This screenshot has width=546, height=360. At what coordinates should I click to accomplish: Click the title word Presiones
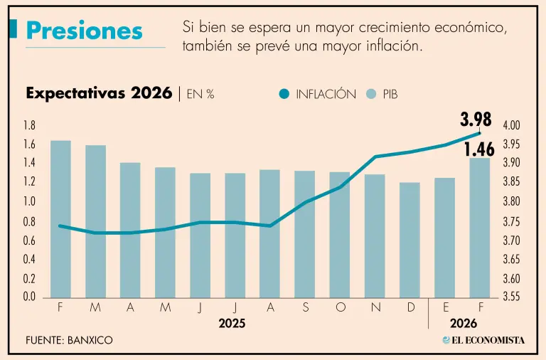click(x=84, y=31)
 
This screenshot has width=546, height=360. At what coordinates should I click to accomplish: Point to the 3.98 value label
click(x=476, y=118)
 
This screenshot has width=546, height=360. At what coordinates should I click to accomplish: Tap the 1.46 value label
click(x=479, y=149)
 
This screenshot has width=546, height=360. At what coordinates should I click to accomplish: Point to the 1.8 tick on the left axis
click(x=30, y=125)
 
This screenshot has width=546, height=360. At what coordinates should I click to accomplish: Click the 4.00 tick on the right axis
click(x=511, y=125)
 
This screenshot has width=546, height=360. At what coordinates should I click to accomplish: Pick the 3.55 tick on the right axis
click(x=511, y=297)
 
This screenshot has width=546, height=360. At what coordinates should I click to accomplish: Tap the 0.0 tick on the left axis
click(x=30, y=297)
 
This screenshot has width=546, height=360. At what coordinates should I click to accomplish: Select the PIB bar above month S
click(x=304, y=234)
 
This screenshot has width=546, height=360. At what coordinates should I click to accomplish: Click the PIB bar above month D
click(x=409, y=240)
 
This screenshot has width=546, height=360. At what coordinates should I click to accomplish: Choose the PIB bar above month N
click(x=375, y=235)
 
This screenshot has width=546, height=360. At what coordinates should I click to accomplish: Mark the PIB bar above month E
click(x=444, y=238)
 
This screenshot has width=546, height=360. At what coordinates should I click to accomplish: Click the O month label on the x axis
click(x=340, y=308)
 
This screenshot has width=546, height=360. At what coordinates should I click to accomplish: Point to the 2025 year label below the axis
click(x=232, y=323)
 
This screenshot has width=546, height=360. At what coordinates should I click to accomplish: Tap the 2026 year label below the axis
click(x=464, y=323)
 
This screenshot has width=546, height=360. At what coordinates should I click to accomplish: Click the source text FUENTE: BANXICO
click(x=69, y=340)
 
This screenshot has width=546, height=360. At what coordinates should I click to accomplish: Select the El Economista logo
click(x=483, y=340)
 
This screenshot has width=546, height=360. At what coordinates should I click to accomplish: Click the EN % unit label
click(x=200, y=94)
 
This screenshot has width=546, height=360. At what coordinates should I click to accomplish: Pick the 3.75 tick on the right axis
click(x=511, y=221)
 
